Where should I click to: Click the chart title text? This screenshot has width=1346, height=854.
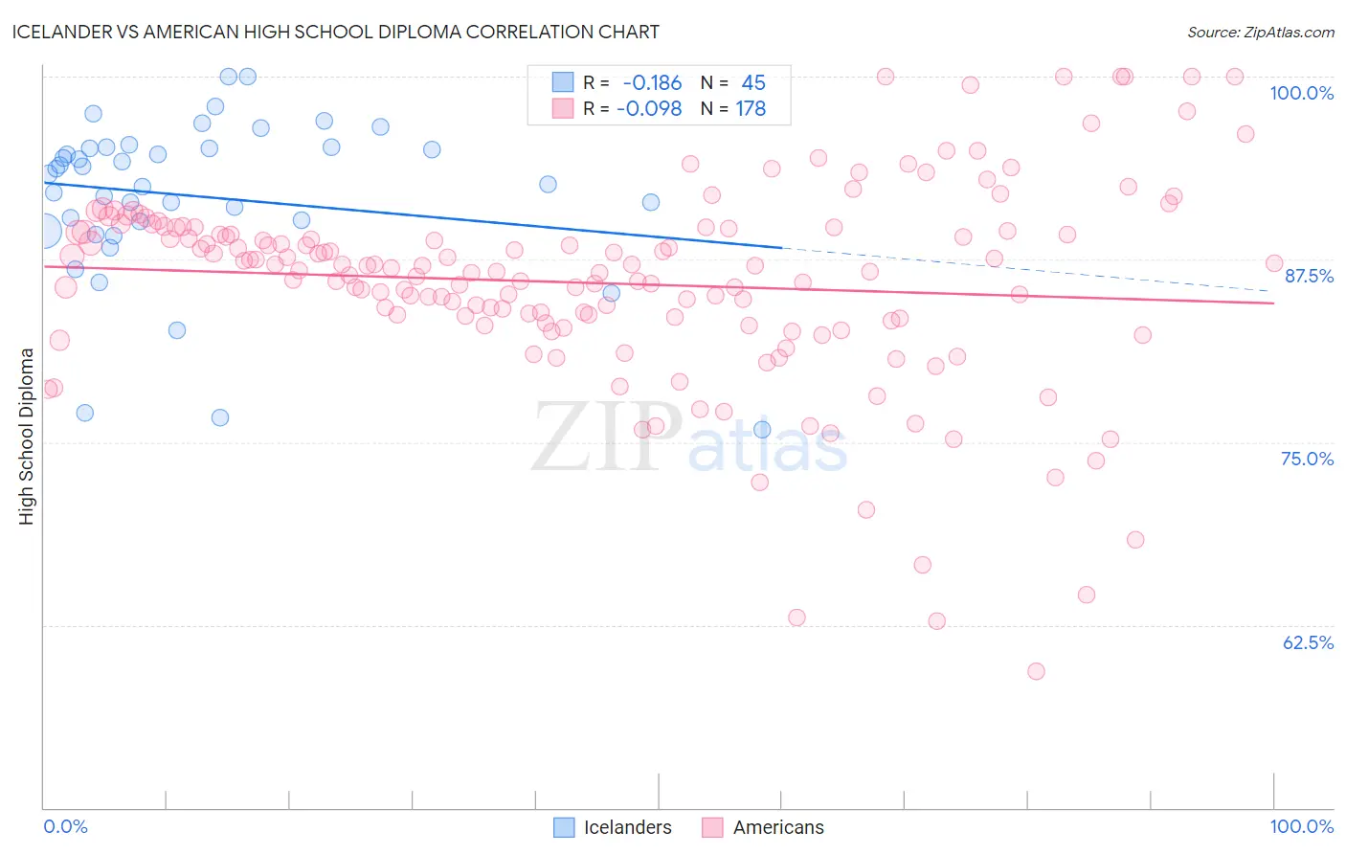335,32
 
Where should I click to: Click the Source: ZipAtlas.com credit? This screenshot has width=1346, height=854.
1260,32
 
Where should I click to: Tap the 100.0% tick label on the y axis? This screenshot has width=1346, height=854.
1301,93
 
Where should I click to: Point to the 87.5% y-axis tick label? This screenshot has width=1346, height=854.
1308,276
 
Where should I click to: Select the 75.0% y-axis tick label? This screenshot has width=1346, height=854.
1307,459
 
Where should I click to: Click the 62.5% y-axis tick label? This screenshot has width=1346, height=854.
1308,642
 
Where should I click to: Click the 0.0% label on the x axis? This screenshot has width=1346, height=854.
65,826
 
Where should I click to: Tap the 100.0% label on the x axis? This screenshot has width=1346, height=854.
1301,826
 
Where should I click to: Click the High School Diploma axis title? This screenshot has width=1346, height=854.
27,436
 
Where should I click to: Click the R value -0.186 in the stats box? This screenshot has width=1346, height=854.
651,83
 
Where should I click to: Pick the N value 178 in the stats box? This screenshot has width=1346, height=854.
751,109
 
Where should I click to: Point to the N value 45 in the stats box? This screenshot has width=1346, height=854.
753,83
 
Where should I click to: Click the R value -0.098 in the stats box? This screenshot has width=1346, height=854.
649,109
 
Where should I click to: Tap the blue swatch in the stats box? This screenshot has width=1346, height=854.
562,82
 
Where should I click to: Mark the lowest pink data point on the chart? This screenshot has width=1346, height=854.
1036,671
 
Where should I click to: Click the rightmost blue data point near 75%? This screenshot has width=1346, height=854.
762,430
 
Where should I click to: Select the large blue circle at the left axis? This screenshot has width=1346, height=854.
44,231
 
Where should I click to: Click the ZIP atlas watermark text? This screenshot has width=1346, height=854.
689,438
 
